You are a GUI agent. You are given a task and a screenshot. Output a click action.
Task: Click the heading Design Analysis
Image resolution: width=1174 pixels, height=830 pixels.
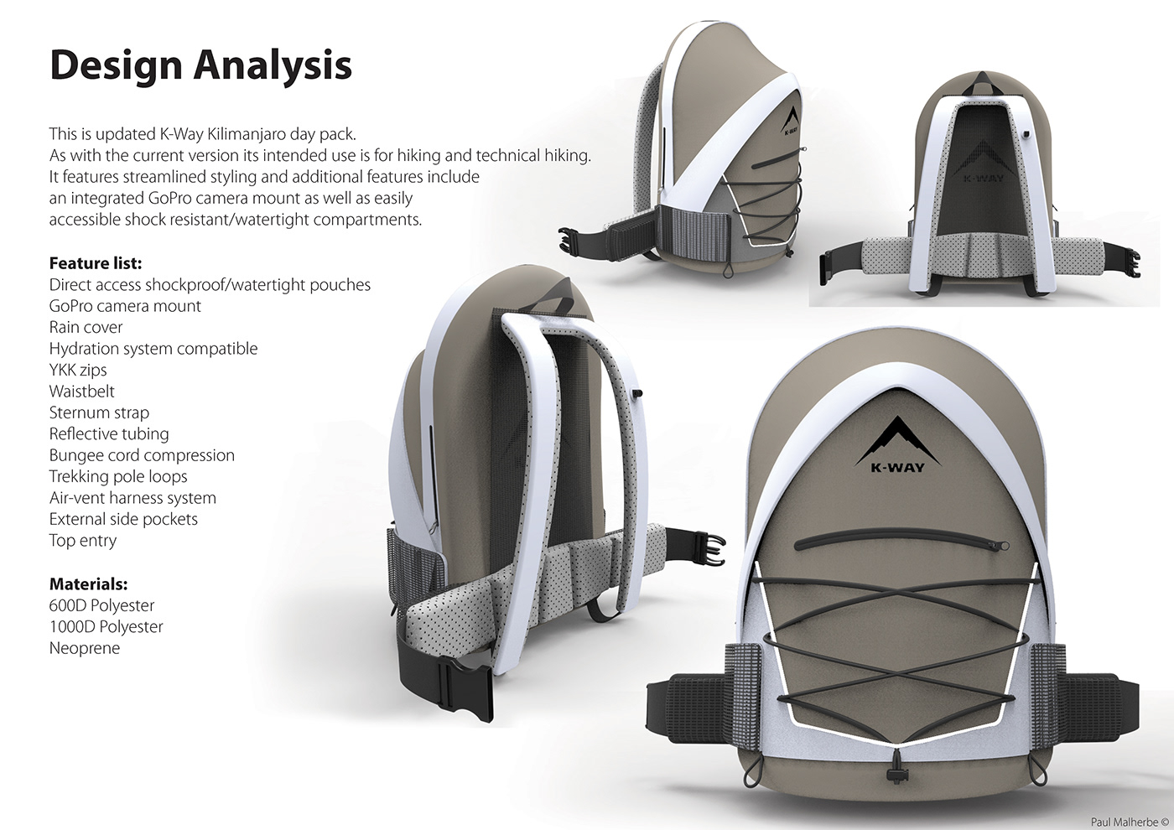point(200,65)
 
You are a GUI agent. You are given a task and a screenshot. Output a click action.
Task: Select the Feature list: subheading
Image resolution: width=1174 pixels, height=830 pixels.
point(96,263)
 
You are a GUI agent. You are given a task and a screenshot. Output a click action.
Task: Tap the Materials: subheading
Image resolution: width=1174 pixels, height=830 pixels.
point(88,584)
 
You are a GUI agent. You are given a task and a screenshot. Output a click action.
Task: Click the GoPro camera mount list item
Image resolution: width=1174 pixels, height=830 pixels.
point(125,306)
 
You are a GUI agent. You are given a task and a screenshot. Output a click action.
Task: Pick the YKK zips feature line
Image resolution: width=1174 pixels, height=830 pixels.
point(78,370)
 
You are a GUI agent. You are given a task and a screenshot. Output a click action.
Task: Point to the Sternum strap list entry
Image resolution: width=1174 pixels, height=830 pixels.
point(99,412)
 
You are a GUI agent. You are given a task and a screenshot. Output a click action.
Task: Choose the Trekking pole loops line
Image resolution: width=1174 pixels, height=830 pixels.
point(118,476)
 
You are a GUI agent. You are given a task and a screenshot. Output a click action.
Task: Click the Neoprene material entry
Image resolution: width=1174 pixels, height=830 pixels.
point(84,648)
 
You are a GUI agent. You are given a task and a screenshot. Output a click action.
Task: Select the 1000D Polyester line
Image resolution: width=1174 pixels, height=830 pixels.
point(106,626)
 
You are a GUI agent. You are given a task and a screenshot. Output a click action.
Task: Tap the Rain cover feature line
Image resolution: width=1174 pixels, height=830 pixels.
point(86,327)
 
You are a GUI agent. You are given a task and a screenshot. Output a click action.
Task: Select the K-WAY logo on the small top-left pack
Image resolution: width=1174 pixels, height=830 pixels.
point(790,122)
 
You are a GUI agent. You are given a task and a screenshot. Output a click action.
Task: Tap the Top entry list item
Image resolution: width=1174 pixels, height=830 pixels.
point(82,541)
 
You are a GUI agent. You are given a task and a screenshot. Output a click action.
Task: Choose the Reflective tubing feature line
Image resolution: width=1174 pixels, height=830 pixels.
point(109,433)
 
